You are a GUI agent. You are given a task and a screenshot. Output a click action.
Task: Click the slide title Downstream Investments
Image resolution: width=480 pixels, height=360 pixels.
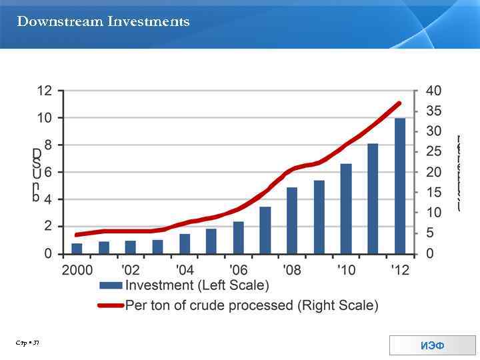click(x=103, y=22)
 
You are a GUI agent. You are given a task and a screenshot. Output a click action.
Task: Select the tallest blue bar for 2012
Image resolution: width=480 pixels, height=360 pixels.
click(x=399, y=186)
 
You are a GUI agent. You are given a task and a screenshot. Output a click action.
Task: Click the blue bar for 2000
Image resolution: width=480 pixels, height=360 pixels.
click(x=77, y=248)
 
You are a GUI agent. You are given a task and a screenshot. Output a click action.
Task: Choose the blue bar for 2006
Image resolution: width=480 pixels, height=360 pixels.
click(x=238, y=237)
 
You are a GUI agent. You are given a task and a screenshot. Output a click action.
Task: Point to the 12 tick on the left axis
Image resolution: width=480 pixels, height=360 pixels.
click(x=45, y=91)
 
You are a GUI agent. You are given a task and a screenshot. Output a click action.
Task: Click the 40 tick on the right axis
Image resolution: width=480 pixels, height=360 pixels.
click(x=433, y=91)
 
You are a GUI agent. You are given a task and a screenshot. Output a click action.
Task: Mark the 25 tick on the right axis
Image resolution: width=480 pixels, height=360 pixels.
click(x=433, y=152)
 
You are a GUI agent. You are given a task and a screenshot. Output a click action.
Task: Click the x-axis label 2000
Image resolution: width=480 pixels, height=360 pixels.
click(x=77, y=270)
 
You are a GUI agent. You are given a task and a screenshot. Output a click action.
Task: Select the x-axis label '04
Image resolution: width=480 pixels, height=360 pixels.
click(x=185, y=270)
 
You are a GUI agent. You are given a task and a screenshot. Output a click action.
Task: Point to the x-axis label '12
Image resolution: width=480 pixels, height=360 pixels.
click(x=399, y=270)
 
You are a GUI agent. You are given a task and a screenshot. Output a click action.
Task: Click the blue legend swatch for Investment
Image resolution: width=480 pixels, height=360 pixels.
click(x=111, y=286)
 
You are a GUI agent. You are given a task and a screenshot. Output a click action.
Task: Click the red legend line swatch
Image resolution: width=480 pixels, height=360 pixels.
click(x=111, y=306)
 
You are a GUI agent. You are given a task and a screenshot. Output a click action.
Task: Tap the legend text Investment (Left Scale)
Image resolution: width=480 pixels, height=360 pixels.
click(x=197, y=286)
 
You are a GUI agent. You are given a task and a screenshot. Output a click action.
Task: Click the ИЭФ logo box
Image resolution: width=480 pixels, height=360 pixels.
click(x=433, y=345)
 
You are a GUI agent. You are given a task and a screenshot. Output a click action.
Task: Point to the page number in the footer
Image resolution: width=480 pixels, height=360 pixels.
click(x=29, y=343)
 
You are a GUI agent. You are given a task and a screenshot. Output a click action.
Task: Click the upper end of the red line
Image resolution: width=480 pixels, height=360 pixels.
click(x=399, y=103)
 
